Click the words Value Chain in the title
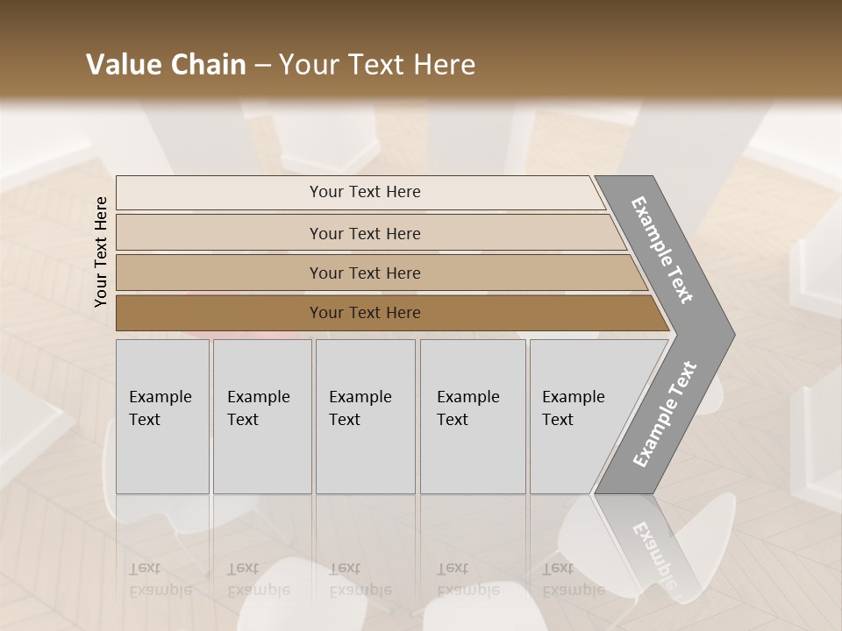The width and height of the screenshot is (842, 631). click(x=166, y=65)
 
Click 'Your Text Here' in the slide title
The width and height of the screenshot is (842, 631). click(x=377, y=65)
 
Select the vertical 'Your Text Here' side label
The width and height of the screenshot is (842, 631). click(x=102, y=252)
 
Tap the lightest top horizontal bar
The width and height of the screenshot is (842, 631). click(x=365, y=192)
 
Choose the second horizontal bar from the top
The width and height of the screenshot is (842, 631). click(x=365, y=233)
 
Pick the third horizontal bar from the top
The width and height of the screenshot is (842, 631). click(x=365, y=273)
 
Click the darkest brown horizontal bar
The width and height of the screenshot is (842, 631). click(x=365, y=313)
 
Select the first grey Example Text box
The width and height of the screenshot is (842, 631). click(x=162, y=416)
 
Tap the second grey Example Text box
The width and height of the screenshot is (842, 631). click(x=261, y=416)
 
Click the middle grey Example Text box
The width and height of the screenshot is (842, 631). click(x=365, y=416)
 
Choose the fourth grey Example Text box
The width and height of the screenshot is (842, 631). click(x=472, y=416)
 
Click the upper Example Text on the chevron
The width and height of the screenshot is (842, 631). click(x=662, y=250)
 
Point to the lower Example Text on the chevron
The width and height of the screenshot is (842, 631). click(x=664, y=415)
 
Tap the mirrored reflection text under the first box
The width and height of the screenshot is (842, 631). click(x=160, y=579)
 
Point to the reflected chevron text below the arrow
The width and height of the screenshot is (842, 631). click(x=653, y=552)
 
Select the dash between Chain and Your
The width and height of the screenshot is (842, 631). click(x=262, y=65)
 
